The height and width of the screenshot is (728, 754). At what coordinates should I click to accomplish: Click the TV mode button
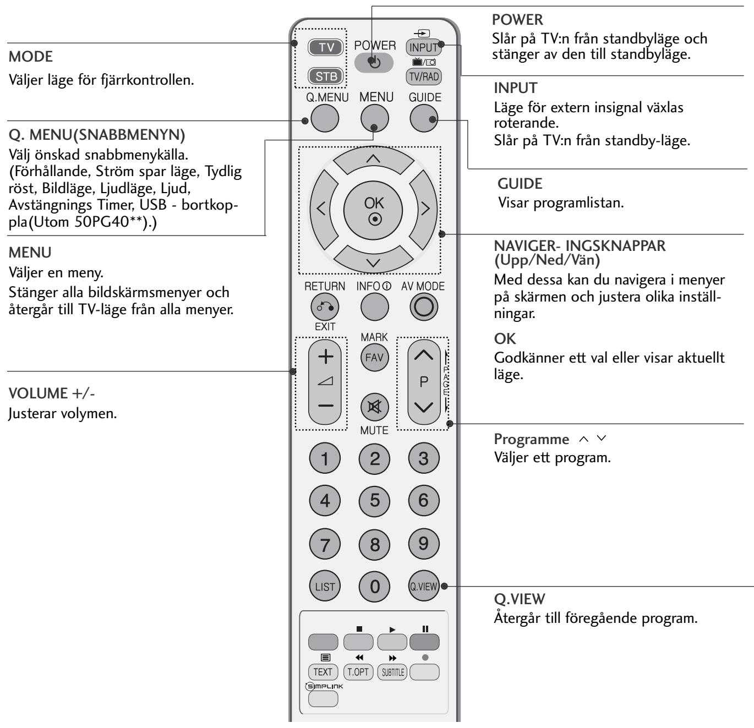click(326, 48)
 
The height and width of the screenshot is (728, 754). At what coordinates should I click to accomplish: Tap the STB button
click(326, 76)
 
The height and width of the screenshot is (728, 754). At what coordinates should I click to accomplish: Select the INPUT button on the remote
click(423, 47)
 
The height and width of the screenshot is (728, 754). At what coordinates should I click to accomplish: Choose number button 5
click(374, 500)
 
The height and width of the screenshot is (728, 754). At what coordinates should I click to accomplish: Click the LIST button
click(325, 587)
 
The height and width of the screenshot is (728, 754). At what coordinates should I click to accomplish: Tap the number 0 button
click(374, 587)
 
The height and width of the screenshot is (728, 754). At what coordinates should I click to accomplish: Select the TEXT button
click(323, 672)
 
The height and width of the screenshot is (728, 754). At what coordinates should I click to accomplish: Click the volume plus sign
click(326, 357)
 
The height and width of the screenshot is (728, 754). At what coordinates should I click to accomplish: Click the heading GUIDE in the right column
click(512, 183)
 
